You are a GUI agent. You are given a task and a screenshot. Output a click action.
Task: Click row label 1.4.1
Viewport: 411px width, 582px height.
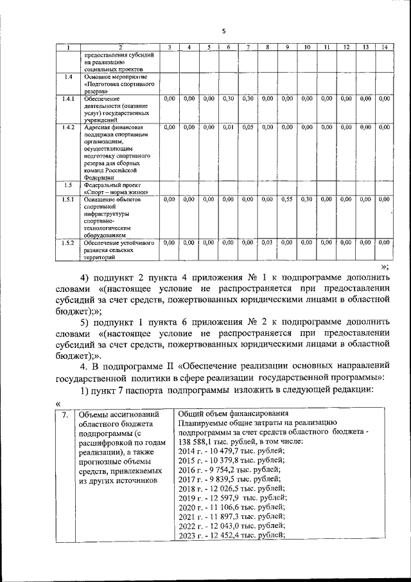pyautogui.click(x=68, y=98)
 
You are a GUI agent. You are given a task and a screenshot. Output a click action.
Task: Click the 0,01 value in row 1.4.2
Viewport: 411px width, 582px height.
pyautogui.click(x=228, y=127)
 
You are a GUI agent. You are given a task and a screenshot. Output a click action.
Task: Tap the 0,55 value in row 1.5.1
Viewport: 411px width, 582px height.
pyautogui.click(x=287, y=199)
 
